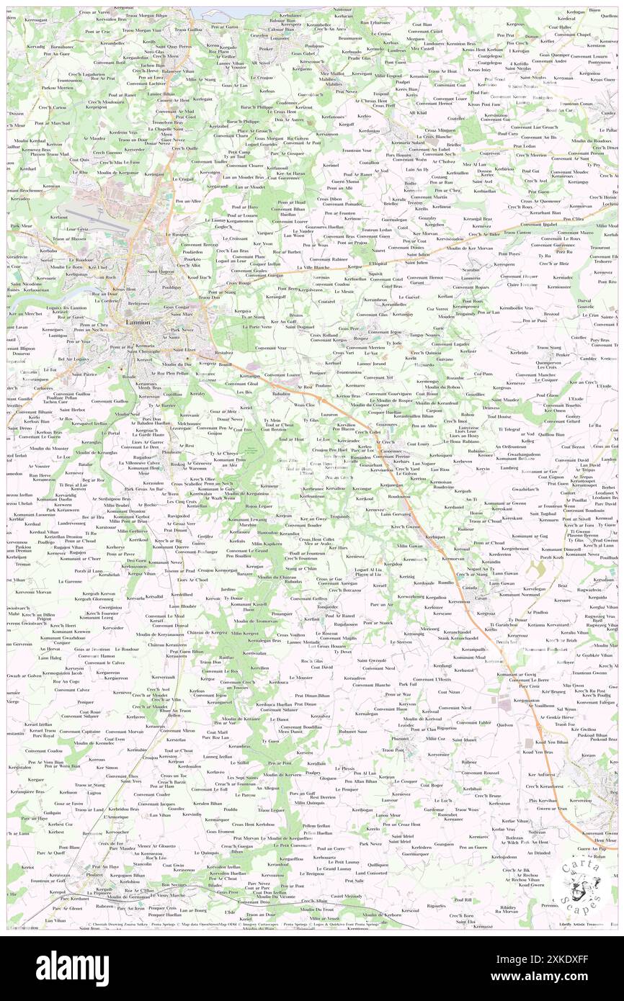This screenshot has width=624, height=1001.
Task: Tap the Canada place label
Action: [470, 587]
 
